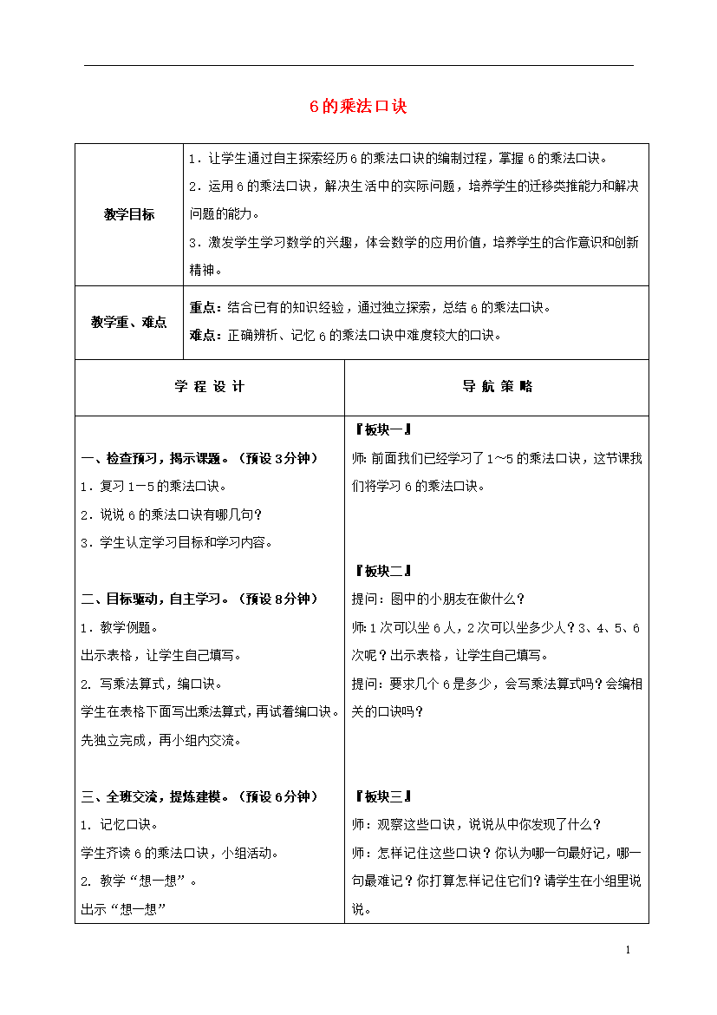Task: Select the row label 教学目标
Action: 129,214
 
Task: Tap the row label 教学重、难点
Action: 129,322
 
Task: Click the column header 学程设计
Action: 210,387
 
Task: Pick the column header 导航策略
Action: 497,387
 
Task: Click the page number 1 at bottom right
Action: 627,951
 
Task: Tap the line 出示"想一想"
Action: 123,909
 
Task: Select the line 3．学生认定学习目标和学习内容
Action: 176,542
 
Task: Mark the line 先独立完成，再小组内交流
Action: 161,740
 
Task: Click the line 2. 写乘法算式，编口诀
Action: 140,684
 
